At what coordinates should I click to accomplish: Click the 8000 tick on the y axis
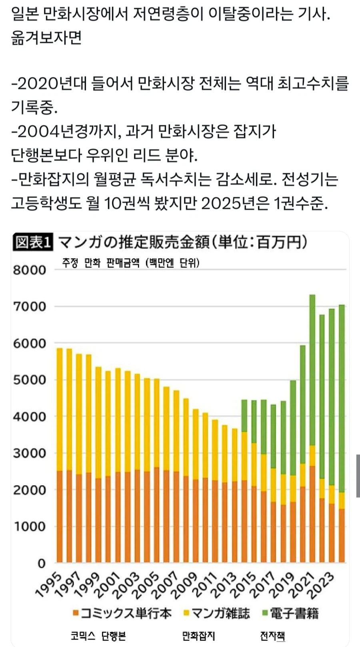click(30, 270)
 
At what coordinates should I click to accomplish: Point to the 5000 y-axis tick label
click(30, 380)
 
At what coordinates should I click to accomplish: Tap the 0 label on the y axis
click(42, 563)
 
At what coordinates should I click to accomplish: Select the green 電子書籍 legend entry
click(291, 613)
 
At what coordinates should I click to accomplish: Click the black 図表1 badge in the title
click(34, 242)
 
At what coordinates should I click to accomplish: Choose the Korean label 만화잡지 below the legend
click(198, 635)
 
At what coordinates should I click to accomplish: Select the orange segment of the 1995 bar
click(60, 516)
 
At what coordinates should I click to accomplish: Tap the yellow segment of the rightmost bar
click(342, 500)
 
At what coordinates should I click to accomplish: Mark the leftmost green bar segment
click(244, 415)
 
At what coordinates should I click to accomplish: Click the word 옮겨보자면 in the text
click(46, 38)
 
